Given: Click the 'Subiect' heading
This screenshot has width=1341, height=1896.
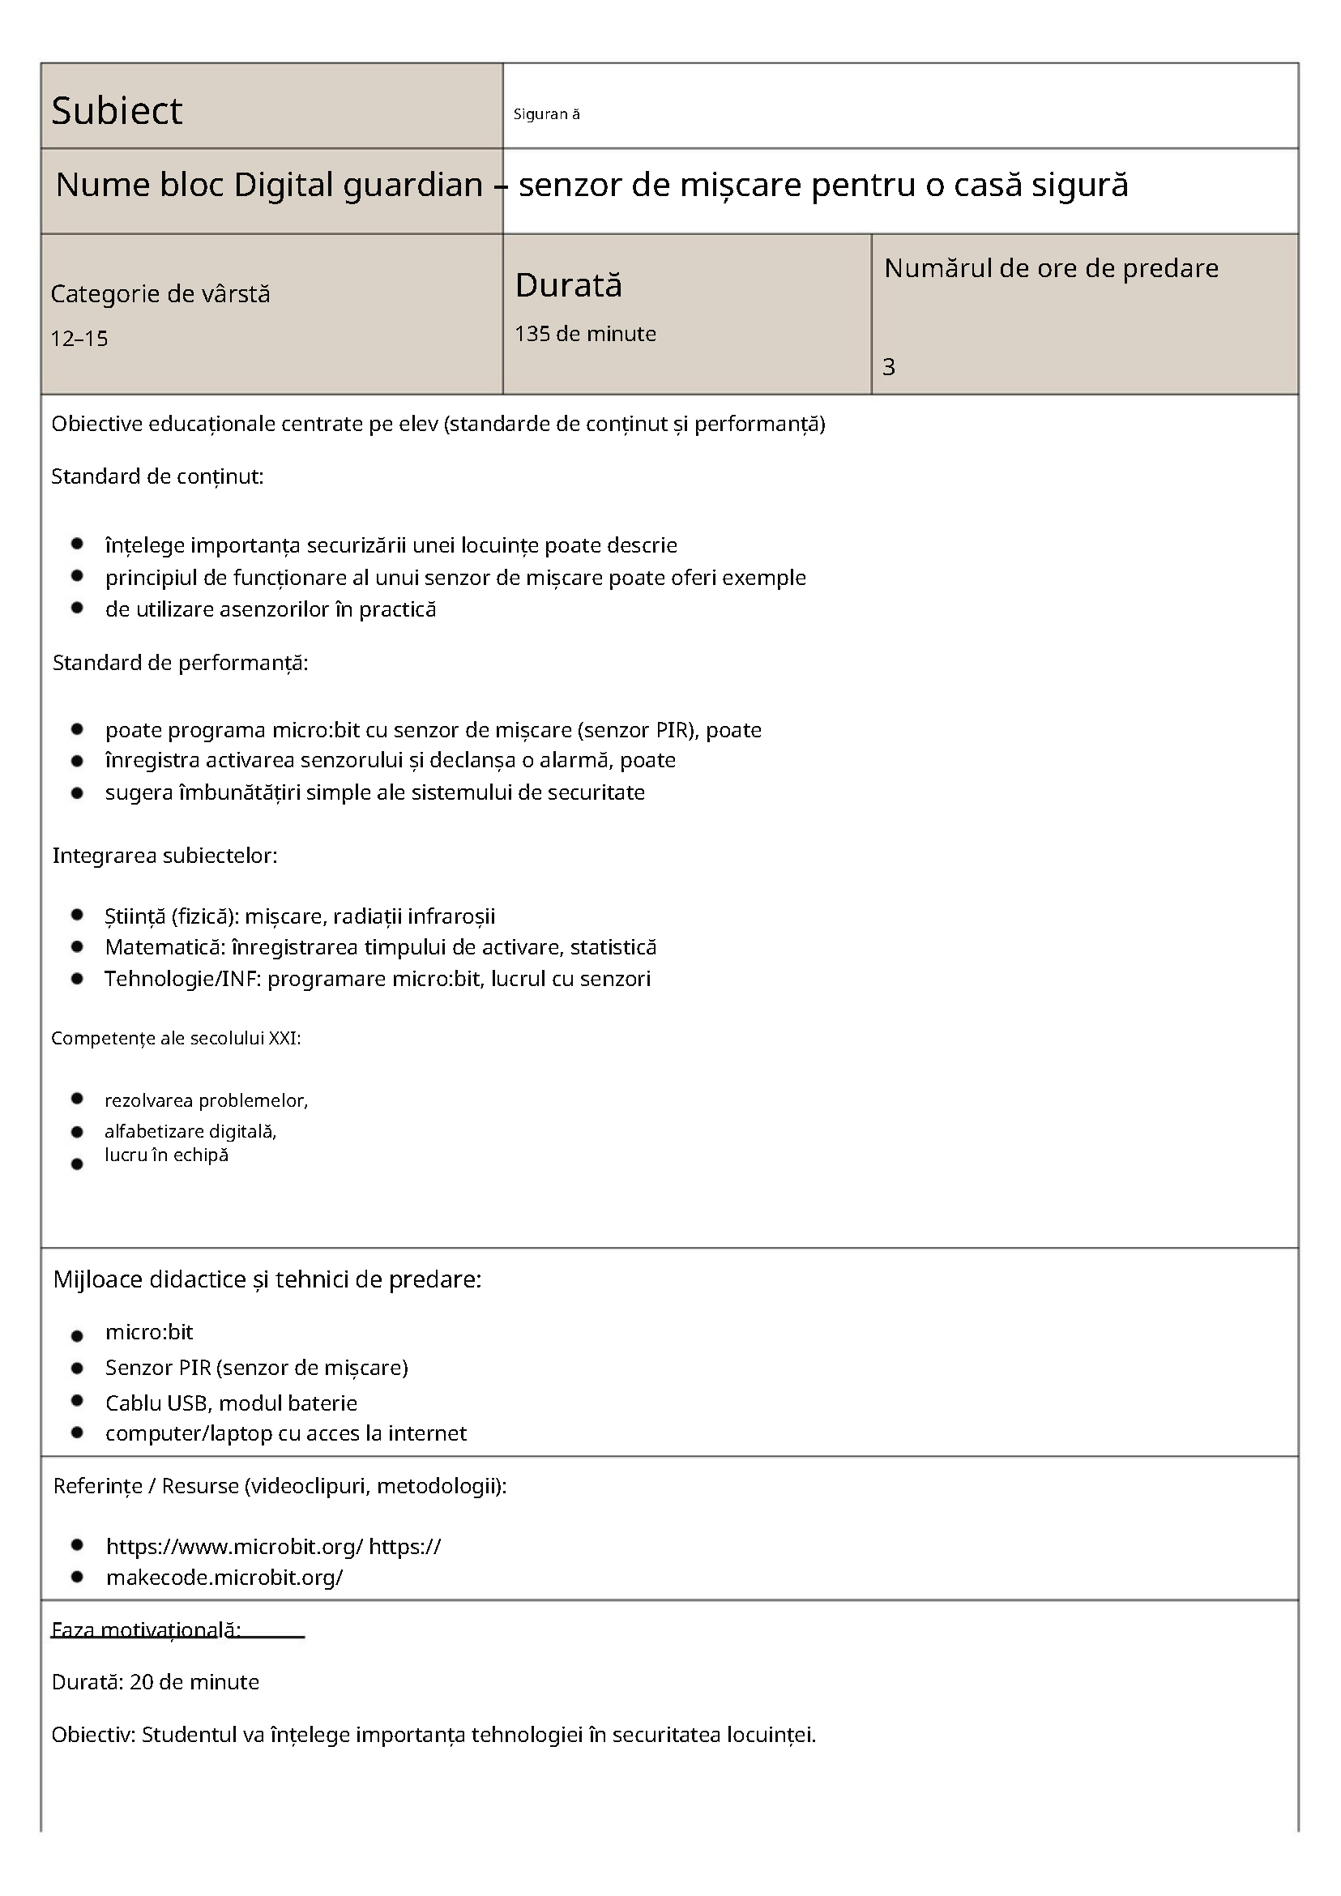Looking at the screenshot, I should [117, 111].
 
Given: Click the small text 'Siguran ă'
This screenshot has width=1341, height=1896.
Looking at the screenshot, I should [546, 115].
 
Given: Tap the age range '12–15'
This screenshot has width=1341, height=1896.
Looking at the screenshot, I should [79, 339].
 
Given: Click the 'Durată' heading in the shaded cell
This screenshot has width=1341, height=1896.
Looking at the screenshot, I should [568, 286].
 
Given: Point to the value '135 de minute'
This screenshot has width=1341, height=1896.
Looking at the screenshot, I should [585, 334].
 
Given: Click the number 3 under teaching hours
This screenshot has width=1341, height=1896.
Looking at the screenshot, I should [889, 367].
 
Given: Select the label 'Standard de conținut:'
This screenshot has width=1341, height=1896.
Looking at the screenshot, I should [157, 476].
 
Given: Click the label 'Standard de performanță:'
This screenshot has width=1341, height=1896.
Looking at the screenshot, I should [180, 662].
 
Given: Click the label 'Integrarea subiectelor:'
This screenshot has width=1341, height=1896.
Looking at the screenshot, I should [164, 856].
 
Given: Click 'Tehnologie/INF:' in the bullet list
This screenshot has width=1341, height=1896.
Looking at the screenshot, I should [182, 979].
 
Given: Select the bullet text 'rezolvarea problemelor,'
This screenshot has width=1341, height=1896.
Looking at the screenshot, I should [206, 1100].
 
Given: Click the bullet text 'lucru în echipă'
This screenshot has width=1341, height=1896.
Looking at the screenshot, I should [166, 1155].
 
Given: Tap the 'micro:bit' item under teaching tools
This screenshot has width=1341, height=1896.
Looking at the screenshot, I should [148, 1332].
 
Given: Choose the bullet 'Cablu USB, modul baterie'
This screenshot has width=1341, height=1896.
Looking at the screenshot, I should [231, 1403].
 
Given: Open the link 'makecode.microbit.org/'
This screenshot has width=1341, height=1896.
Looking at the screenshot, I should [224, 1578].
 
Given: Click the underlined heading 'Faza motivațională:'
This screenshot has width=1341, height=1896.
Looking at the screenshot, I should [145, 1630].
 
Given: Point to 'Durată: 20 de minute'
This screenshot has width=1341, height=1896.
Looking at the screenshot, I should [156, 1682].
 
